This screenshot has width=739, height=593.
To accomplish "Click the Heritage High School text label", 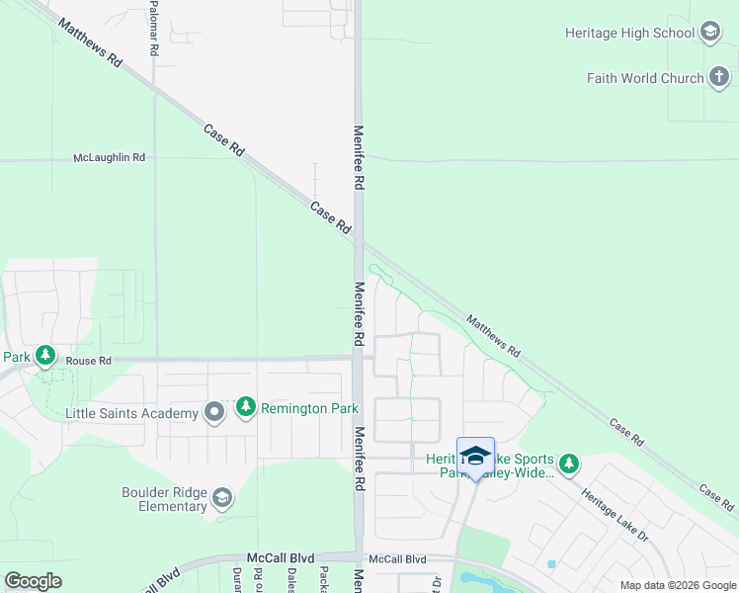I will click(x=629, y=33).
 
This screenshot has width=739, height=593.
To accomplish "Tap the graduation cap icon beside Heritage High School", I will click(x=709, y=33).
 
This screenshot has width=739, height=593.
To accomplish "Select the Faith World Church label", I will click(x=645, y=78).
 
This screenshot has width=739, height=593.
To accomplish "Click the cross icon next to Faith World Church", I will click(x=718, y=78).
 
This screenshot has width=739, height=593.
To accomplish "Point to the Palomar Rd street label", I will click(x=154, y=30).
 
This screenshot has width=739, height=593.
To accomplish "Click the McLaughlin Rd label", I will click(x=110, y=157).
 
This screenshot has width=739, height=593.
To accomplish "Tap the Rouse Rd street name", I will click(x=88, y=361).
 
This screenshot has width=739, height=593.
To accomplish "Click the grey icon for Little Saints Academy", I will click(x=214, y=412).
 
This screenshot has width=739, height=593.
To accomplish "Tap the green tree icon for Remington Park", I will click(x=245, y=406).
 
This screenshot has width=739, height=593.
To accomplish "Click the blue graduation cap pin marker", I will click(x=475, y=456).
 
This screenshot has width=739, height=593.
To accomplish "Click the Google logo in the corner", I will click(x=33, y=580).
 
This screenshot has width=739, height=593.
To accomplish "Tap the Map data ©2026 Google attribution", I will click(x=677, y=585).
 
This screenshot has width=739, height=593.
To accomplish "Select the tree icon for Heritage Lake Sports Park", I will click(x=568, y=463).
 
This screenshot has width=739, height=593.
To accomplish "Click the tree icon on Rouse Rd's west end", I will click(x=44, y=355).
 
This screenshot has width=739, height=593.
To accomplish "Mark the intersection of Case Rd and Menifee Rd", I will click(x=359, y=237).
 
